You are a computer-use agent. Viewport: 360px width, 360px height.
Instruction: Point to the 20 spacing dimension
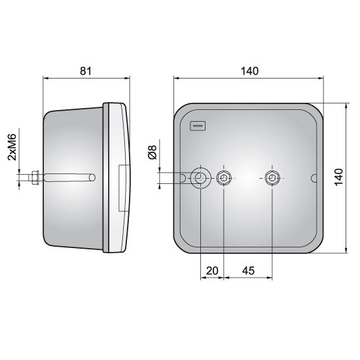[x=211, y=270]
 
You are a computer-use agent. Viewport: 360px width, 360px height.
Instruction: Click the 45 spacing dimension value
[x=247, y=270]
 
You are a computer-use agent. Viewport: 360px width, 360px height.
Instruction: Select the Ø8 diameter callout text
[x=152, y=153]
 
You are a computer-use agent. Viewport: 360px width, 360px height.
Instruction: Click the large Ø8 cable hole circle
[x=200, y=177]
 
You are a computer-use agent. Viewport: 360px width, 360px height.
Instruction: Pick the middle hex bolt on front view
[x=224, y=177]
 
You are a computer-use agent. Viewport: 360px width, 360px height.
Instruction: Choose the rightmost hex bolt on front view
[x=272, y=177]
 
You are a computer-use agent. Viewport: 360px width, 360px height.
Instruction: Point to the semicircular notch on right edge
[x=315, y=177]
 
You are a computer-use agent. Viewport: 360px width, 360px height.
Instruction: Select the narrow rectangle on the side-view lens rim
[x=121, y=187]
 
